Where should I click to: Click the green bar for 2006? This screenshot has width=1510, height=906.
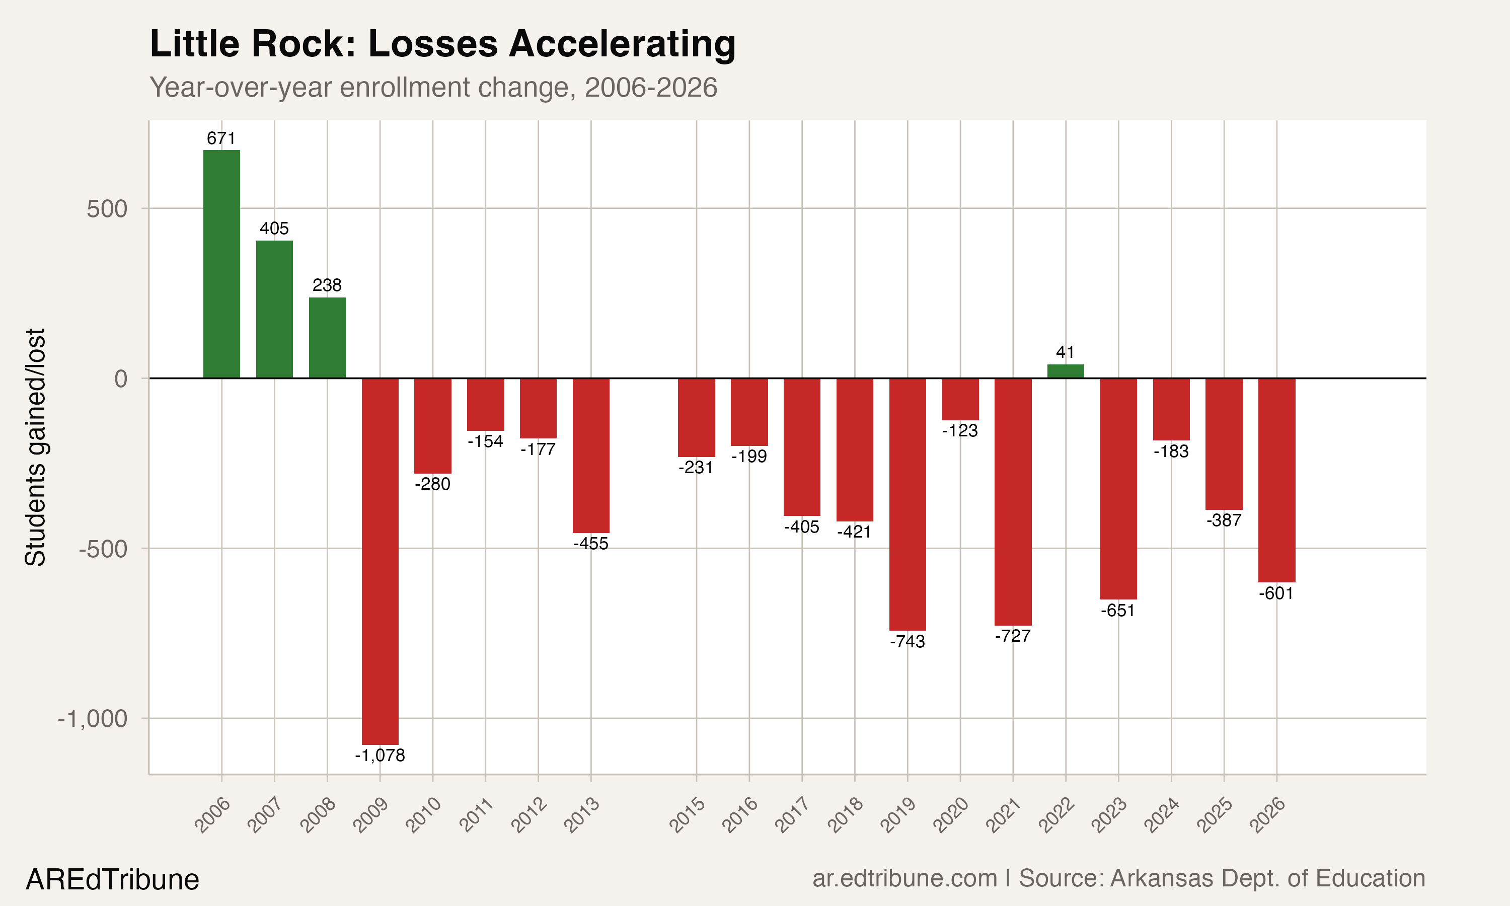click(x=221, y=264)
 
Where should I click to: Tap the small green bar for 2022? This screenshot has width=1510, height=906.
click(x=1065, y=371)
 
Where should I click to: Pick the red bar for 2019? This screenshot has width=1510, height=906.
click(x=907, y=504)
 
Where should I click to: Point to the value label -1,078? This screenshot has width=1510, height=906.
click(x=380, y=756)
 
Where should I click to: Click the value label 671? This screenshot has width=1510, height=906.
click(x=221, y=138)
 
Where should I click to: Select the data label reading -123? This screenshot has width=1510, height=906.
click(x=959, y=431)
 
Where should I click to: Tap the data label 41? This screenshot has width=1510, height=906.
click(x=1065, y=352)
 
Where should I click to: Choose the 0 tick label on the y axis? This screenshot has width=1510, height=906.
click(x=121, y=379)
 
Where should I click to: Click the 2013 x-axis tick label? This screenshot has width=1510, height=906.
click(x=582, y=815)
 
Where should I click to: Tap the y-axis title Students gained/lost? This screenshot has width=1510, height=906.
click(x=35, y=447)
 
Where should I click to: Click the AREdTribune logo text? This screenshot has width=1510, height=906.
click(x=112, y=880)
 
